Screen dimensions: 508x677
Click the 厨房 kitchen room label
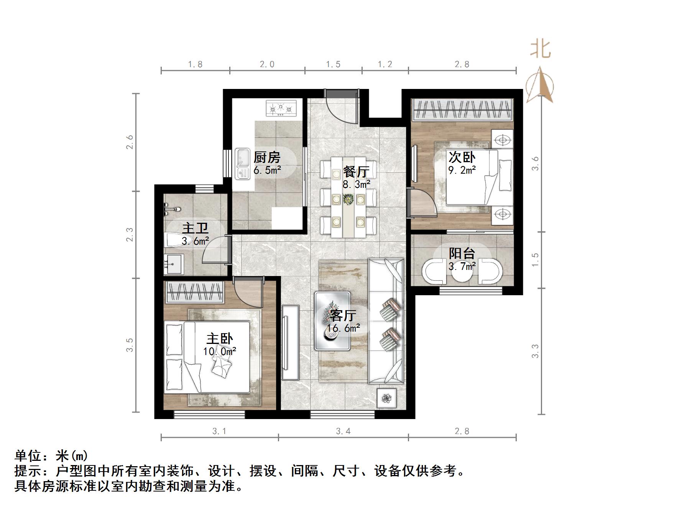tap(267, 157)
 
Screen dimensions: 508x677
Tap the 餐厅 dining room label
tap(356, 171)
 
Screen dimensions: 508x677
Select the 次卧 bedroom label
tap(462, 157)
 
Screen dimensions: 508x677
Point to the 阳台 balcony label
tap(462, 253)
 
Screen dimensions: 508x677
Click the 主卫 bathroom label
tap(195, 229)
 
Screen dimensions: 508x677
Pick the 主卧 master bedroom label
tap(219, 339)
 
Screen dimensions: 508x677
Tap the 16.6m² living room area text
tap(343, 328)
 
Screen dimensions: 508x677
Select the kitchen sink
tap(242, 164)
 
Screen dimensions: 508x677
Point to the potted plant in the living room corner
tap(386, 398)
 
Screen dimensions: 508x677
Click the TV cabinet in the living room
tap(290, 342)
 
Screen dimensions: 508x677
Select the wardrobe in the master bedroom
tap(195, 292)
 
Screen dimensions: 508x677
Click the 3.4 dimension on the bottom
tap(343, 431)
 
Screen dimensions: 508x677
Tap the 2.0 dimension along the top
tap(267, 64)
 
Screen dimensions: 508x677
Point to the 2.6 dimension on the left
tap(130, 142)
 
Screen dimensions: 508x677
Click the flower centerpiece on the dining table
tap(348, 199)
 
